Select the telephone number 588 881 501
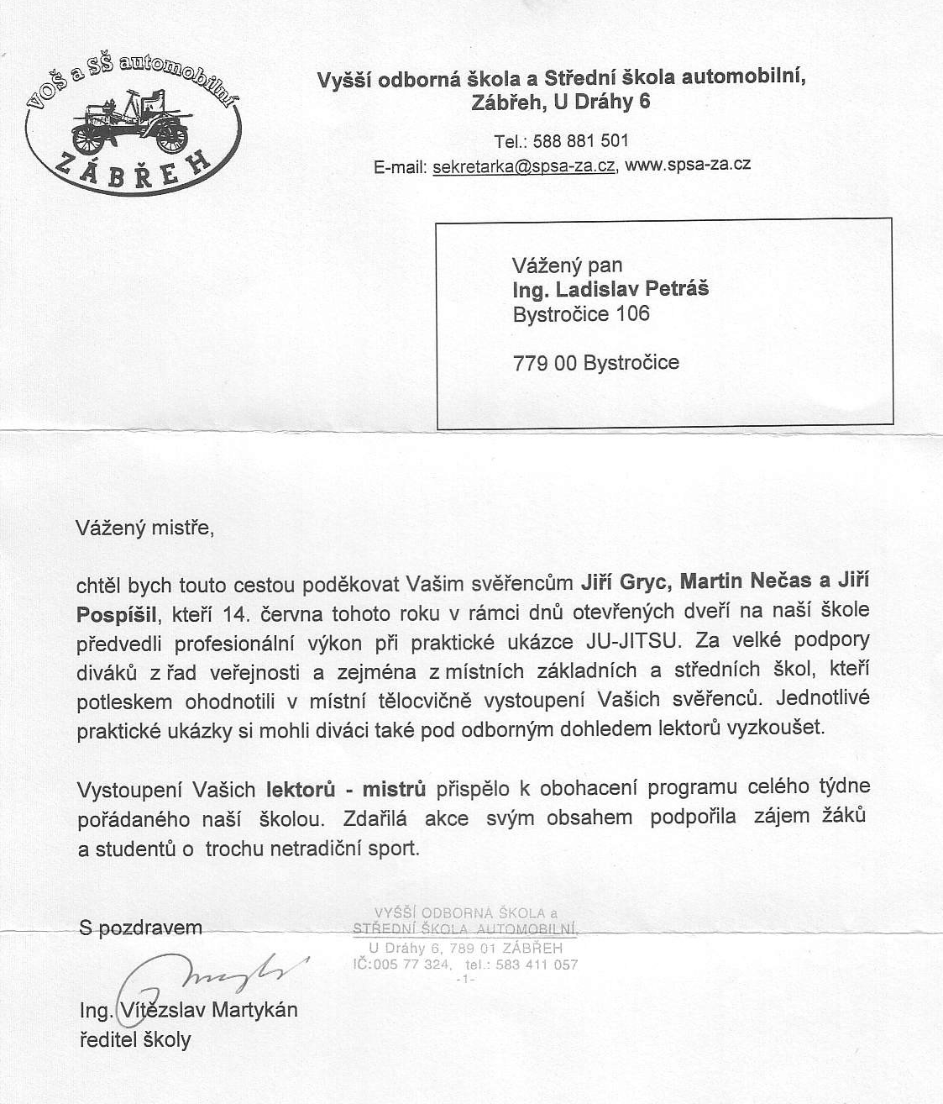[580, 140]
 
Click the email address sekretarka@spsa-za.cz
[523, 166]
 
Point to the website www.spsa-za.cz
[688, 165]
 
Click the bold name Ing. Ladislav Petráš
[610, 289]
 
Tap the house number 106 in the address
[632, 313]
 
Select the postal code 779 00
[544, 363]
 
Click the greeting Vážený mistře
[144, 528]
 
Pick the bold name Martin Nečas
[746, 581]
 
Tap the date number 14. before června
[236, 612]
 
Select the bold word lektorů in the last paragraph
[301, 789]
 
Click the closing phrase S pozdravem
[140, 928]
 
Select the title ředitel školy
[135, 1039]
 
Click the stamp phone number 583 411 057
[537, 965]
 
